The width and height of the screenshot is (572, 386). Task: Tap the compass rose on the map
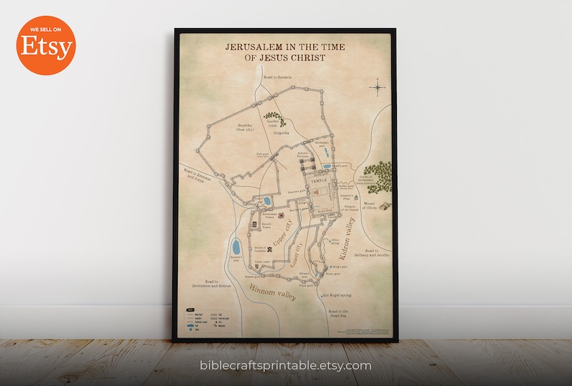[x=377, y=88]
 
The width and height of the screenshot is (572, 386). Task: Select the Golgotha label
[x=281, y=133]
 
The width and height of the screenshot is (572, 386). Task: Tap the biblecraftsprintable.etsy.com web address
[x=285, y=366]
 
